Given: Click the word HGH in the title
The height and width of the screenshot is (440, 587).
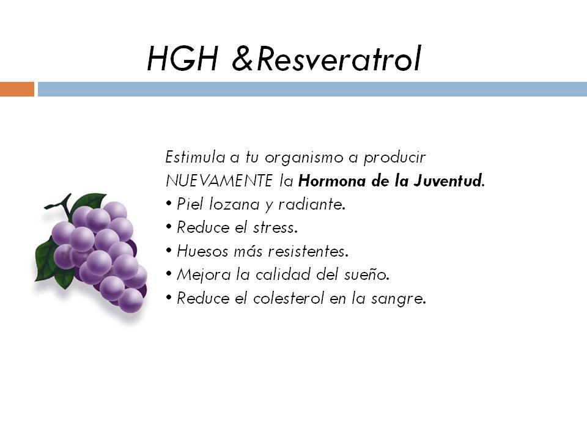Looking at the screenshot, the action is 182,59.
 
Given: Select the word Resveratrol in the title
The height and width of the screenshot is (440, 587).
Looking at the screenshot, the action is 339,58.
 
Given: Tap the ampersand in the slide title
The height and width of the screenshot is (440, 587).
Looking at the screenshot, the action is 243,59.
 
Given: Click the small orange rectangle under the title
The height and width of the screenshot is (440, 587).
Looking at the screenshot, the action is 17,89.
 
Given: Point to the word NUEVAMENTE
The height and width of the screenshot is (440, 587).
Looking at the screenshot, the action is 219,181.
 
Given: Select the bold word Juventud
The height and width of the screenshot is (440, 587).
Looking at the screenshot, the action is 448,181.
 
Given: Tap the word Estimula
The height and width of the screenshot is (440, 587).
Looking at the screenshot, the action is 195,157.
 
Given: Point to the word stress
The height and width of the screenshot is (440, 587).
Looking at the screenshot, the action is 275,228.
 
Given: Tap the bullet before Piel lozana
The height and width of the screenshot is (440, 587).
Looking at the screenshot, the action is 169,204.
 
